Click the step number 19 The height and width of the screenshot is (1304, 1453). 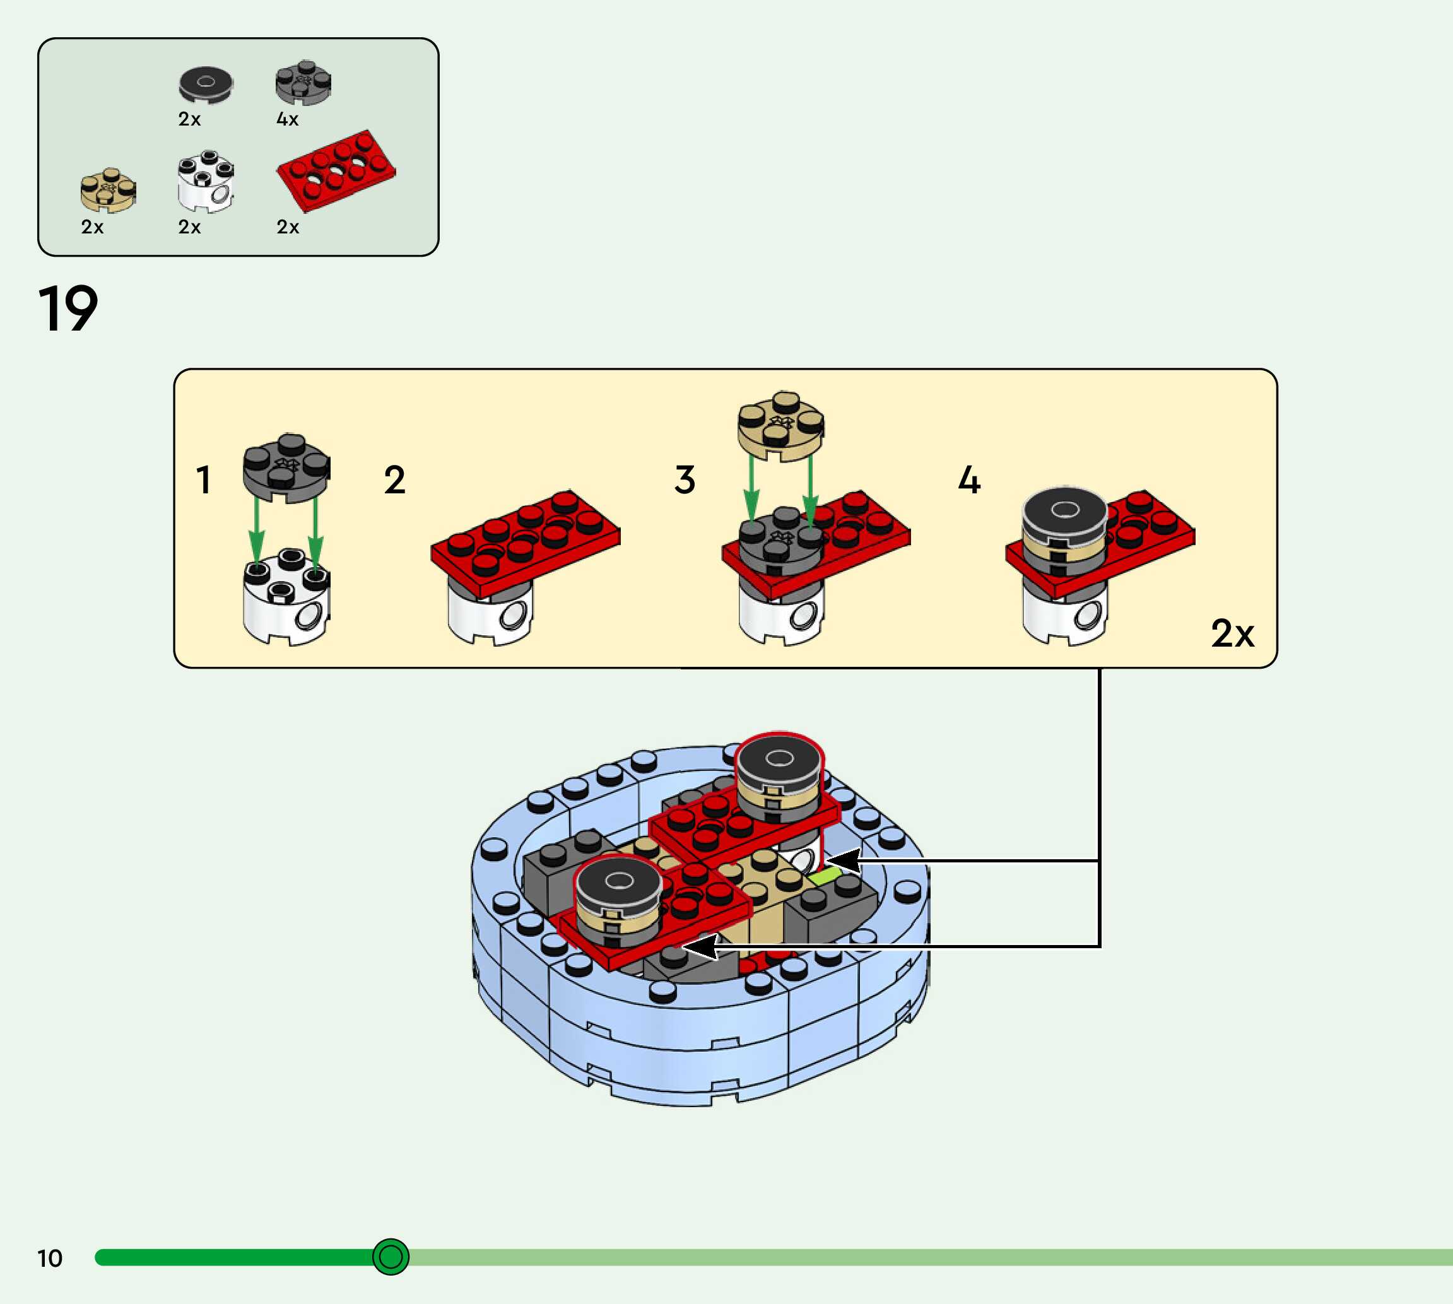pos(68,308)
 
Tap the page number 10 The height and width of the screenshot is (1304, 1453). pos(49,1258)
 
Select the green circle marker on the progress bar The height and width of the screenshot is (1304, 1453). pos(391,1257)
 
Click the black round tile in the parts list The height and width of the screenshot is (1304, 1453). pos(206,85)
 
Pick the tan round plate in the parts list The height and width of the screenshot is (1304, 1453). pos(108,191)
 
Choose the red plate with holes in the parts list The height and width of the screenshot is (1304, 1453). pos(335,170)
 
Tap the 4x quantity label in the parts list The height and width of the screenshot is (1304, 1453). pos(287,119)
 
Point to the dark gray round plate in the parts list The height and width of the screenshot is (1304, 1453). pos(303,83)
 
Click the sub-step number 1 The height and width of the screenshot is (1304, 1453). pos(204,479)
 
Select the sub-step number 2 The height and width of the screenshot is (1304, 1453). pos(395,479)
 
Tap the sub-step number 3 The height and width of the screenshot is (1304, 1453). pos(685,479)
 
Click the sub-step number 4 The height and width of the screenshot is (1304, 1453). pos(968,479)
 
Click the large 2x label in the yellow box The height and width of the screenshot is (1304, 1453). pos(1232,633)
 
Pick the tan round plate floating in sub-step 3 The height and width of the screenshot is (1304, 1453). pos(781,426)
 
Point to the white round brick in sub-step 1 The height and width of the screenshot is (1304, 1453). pos(286,597)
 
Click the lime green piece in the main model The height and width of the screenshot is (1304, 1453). pos(825,876)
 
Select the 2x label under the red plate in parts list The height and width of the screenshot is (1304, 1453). pos(287,227)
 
